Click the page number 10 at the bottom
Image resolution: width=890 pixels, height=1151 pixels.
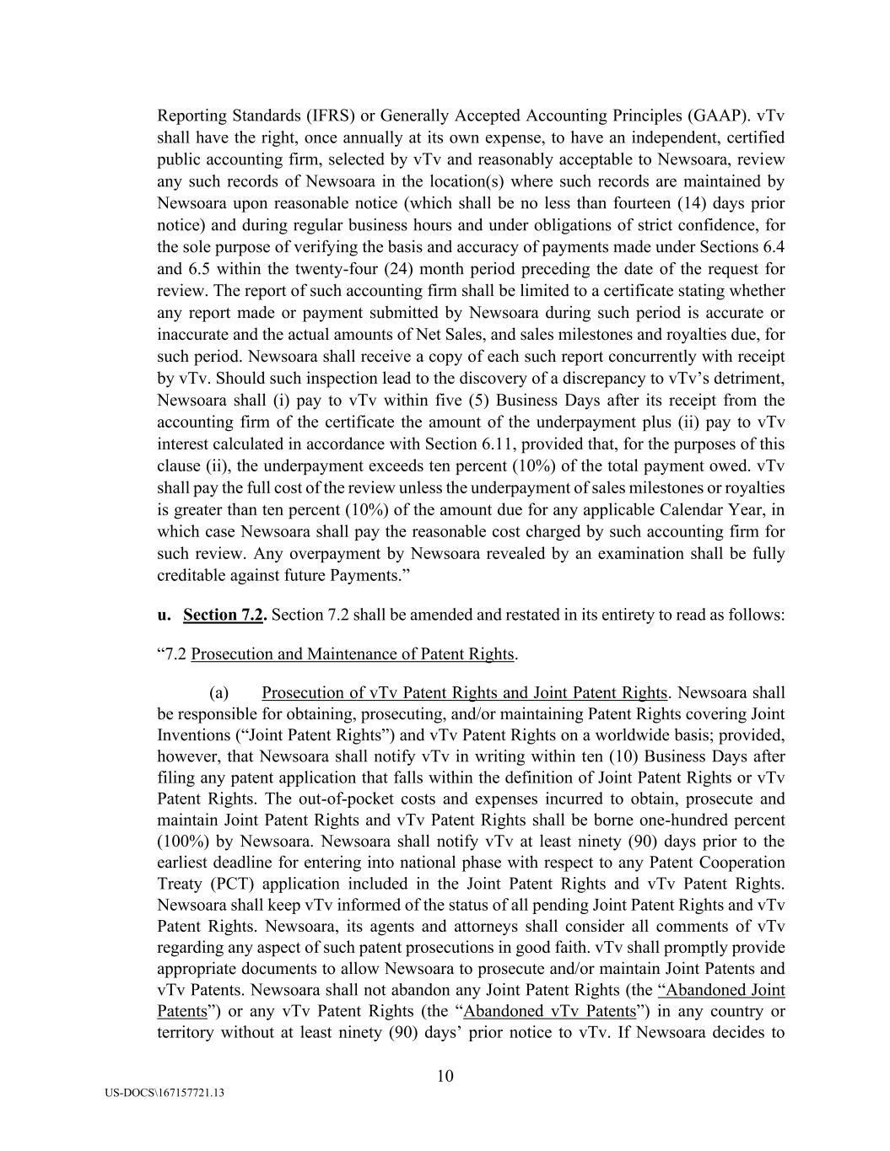tap(445, 1075)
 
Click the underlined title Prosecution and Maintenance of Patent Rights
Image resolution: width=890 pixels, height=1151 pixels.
tap(353, 654)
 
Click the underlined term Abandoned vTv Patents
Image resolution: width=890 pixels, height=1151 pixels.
tap(549, 1012)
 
